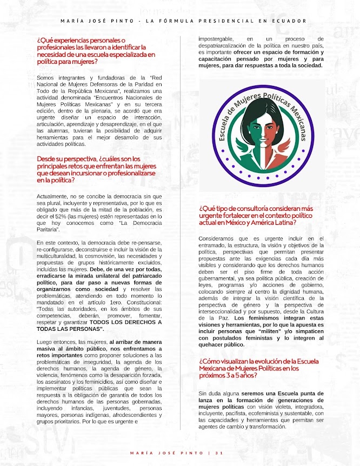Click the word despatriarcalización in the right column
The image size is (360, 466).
pyautogui.click(x=231, y=46)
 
